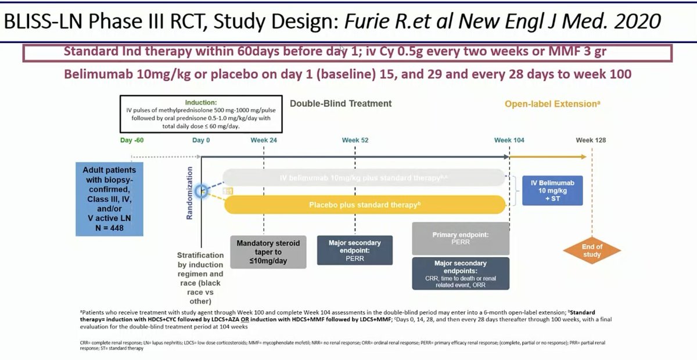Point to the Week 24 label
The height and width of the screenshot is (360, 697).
point(264,140)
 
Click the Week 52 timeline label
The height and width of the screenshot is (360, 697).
point(355,140)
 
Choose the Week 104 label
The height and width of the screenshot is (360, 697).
point(509,140)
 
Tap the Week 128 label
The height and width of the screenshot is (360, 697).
point(591,140)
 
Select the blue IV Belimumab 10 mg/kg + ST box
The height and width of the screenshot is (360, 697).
point(552,190)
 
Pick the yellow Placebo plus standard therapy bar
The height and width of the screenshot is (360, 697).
point(365,205)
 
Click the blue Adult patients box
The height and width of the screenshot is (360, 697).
point(109,199)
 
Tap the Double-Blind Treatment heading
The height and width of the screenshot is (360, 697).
point(340,103)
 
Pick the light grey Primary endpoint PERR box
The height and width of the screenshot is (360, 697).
point(460,239)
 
